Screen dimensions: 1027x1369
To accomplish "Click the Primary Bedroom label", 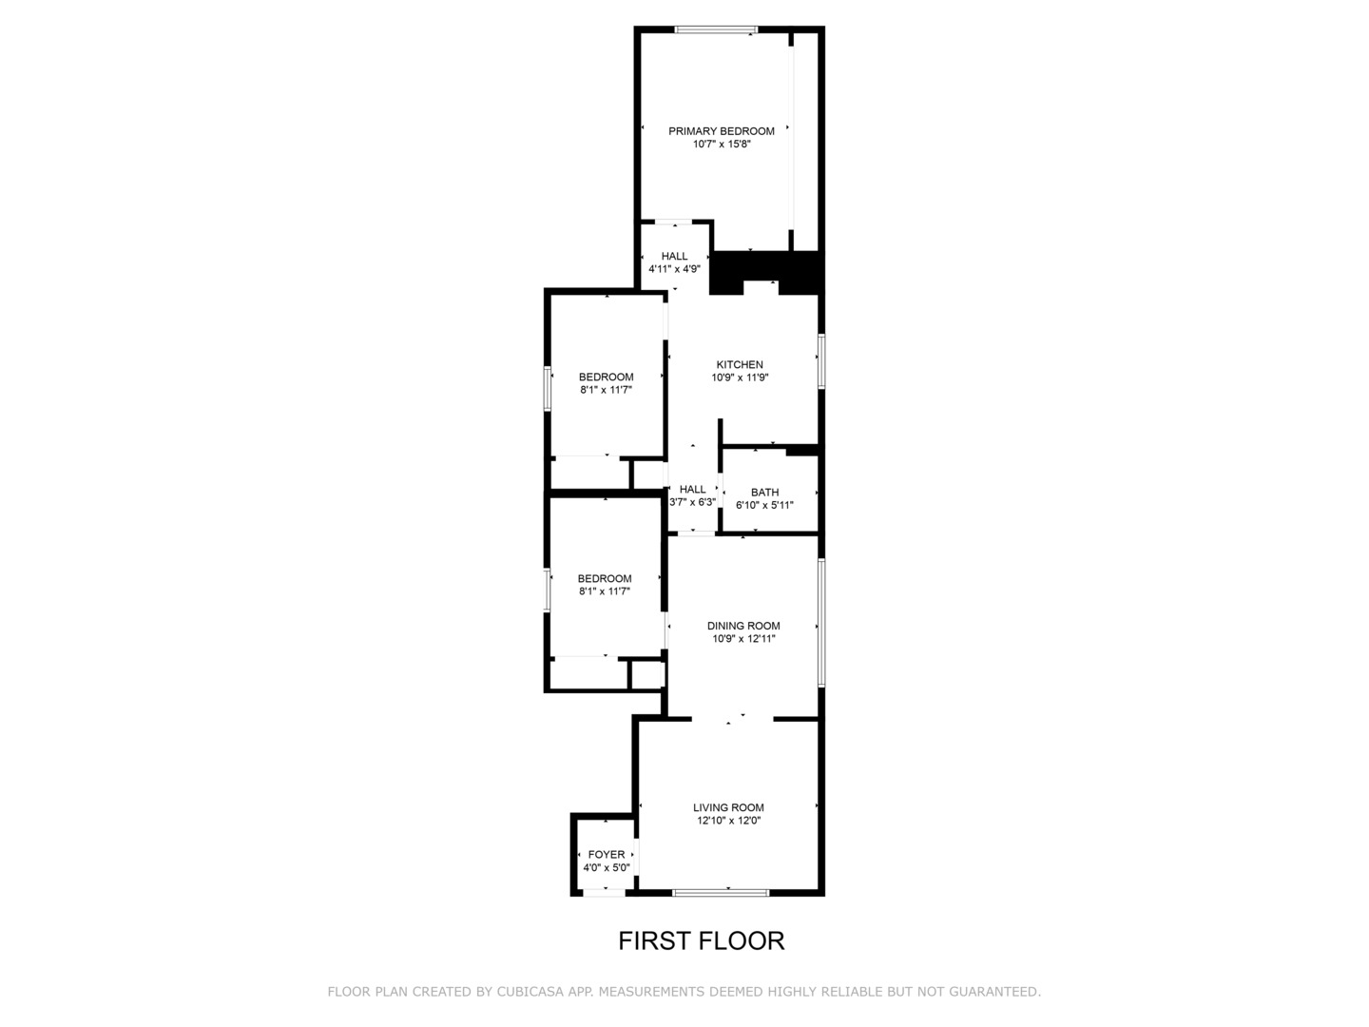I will pos(721,131).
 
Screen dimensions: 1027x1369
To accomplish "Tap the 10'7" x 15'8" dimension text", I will pos(722,145).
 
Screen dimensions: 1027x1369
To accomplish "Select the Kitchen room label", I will pos(740,364).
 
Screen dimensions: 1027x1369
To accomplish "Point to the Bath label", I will pos(764,493).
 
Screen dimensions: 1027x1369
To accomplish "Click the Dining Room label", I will pos(743,626).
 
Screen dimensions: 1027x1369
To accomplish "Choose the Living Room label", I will pos(728,807).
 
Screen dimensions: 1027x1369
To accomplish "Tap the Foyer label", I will pos(607,855).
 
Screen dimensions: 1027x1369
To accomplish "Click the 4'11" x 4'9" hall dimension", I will pos(674,269).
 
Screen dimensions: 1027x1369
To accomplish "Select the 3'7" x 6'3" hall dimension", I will pos(692,502).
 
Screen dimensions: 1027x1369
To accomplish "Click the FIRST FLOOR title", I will pos(701,941).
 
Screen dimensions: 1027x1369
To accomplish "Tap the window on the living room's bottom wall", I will pos(721,892).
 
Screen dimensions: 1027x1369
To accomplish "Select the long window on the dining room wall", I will pos(820,623).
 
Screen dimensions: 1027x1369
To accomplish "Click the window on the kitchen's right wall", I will pos(820,360).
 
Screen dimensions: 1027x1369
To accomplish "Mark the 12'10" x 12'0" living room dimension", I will pos(728,821).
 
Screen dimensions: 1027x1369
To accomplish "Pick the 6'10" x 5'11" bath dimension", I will pos(764,506).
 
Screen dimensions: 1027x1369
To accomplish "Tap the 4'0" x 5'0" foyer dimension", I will pos(607,868).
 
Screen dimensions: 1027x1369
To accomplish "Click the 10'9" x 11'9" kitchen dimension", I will pos(740,378).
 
